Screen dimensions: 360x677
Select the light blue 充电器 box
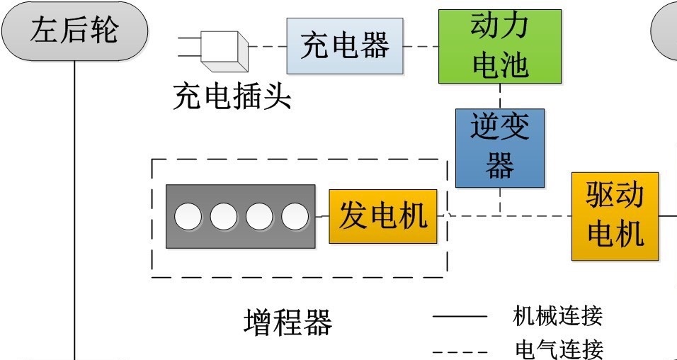(x=345, y=46)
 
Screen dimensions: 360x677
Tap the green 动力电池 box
(x=499, y=46)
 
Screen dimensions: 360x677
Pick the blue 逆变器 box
(x=499, y=147)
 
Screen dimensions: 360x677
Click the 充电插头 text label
(x=232, y=97)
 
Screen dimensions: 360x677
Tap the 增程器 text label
(x=288, y=323)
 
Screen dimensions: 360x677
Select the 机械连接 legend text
(x=557, y=315)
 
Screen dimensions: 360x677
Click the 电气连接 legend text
(x=557, y=349)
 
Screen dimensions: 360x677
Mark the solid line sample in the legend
(x=460, y=317)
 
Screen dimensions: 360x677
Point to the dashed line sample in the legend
(x=460, y=351)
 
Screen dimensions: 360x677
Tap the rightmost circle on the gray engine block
(x=295, y=216)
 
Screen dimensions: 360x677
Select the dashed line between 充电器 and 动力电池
(x=421, y=47)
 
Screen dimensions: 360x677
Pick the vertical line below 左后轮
(x=74, y=213)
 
